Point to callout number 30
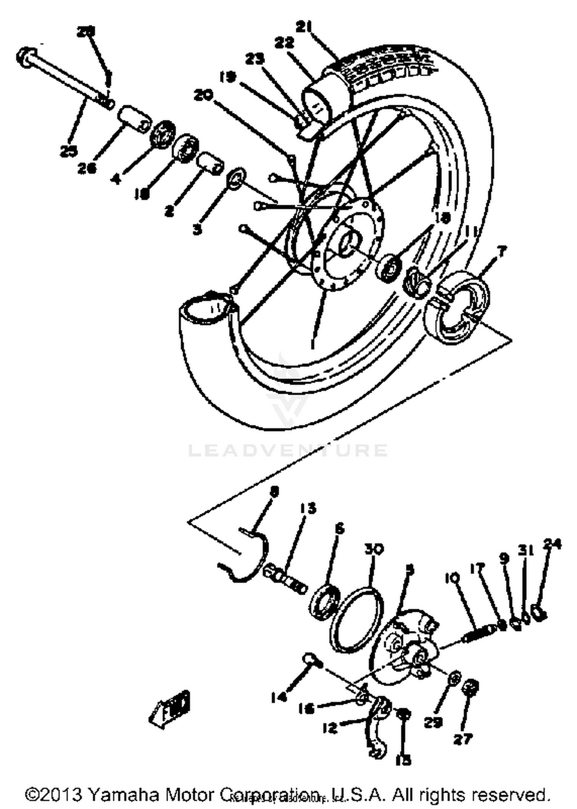[x=374, y=549]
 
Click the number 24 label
[x=552, y=544]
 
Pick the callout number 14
[x=278, y=697]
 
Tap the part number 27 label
[x=463, y=739]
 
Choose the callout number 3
[x=197, y=230]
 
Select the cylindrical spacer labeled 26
[x=133, y=119]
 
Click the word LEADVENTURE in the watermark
[x=288, y=450]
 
